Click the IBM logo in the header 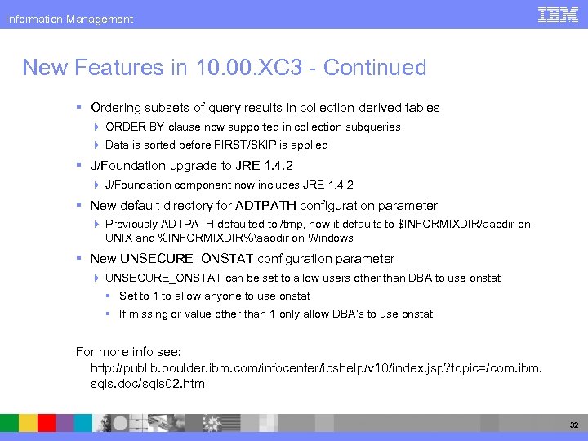coord(559,15)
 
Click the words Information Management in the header coord(69,19)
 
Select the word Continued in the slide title coord(375,68)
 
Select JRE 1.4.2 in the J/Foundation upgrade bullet coord(265,165)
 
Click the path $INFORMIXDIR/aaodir coord(457,224)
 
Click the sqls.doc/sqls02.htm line coord(148,383)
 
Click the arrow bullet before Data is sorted coord(97,145)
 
